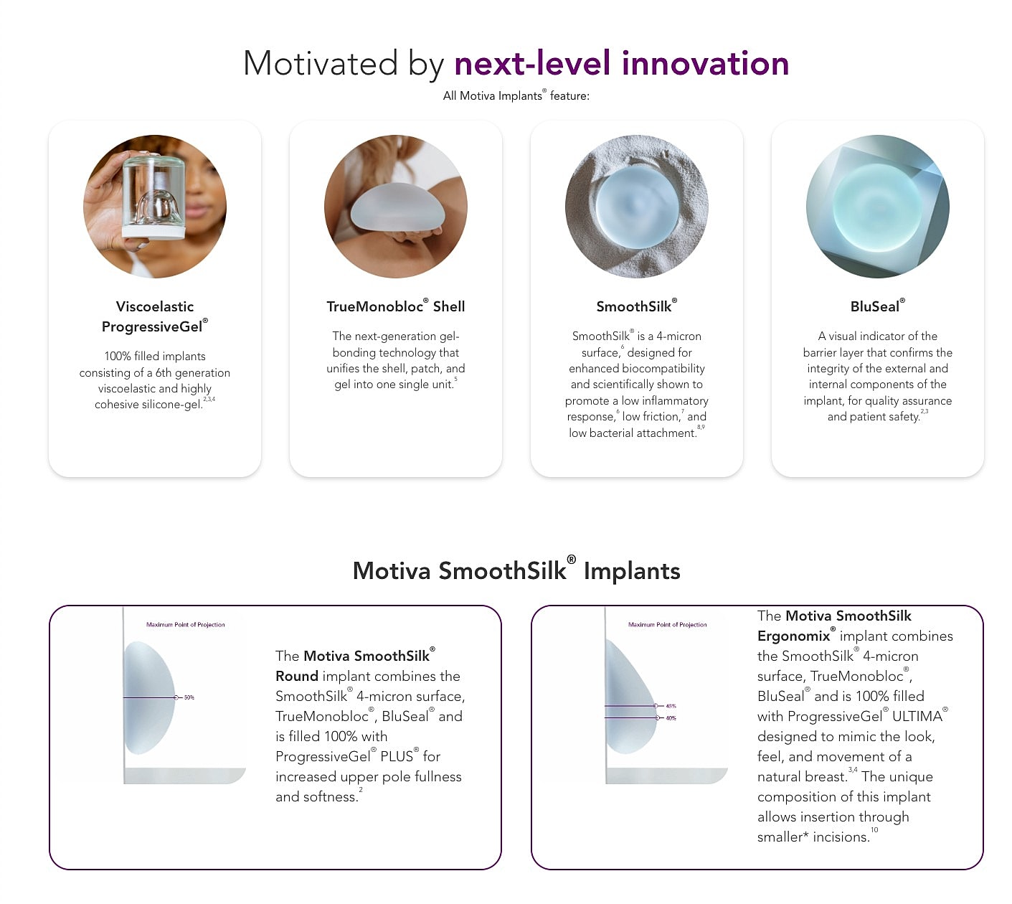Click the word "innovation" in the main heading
[x=705, y=63]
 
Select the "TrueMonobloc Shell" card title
[x=395, y=306]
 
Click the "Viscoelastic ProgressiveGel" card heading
[x=155, y=316]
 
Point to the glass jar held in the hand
[x=153, y=196]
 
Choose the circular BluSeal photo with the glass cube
[x=877, y=207]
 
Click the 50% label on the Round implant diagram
[x=189, y=697]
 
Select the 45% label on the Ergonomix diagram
[x=671, y=706]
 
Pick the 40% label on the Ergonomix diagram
[x=671, y=717]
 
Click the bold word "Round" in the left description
[x=297, y=676]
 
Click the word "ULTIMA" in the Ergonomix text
[x=917, y=716]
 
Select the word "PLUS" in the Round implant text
[x=397, y=756]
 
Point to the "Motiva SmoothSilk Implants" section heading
[x=516, y=571]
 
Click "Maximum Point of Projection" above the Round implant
[x=186, y=625]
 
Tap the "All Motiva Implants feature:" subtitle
[x=516, y=95]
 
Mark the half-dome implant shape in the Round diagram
[x=148, y=697]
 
